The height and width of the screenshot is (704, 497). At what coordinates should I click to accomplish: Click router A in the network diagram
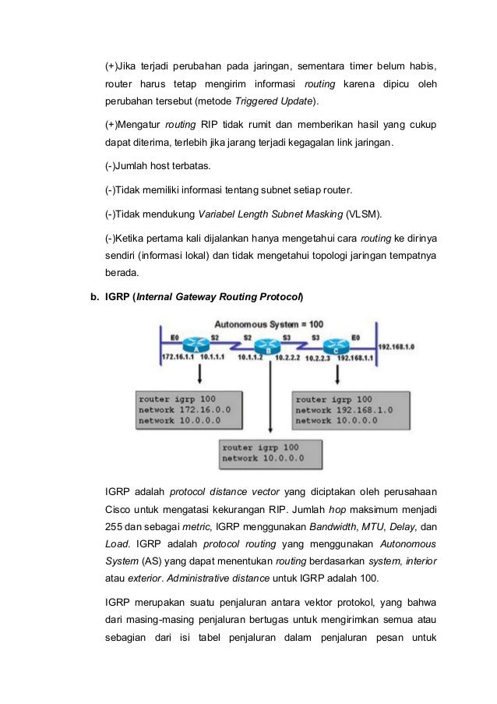coord(196,345)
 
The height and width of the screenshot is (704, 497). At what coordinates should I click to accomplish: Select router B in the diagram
coord(267,345)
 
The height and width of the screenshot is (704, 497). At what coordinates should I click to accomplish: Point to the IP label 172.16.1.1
coord(178,357)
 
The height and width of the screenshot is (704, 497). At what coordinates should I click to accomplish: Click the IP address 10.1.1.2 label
coord(251,358)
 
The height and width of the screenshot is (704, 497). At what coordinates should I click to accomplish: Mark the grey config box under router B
coord(270,454)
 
